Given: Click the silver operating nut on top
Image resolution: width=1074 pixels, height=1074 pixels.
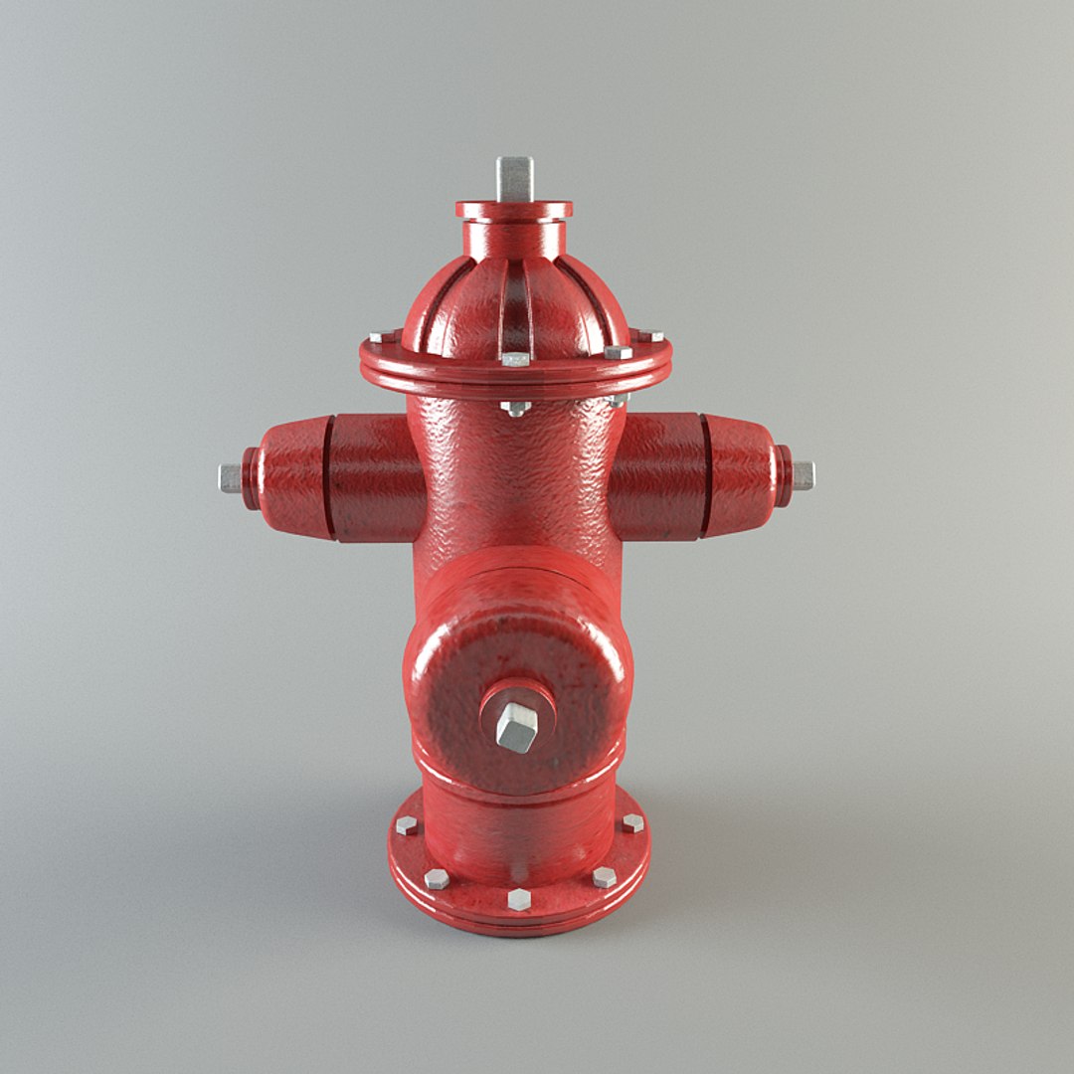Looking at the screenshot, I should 514,178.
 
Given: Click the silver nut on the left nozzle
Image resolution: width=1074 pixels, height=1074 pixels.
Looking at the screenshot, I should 230,478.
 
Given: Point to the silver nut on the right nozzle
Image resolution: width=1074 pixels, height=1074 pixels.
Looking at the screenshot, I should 802,475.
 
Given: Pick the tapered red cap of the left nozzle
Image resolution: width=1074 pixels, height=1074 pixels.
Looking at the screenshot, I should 290,477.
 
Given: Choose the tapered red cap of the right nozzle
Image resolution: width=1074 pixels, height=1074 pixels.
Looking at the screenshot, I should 741,475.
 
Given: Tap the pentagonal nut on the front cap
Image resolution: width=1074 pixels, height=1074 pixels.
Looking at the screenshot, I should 516,728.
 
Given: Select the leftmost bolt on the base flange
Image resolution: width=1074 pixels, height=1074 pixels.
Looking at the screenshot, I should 406,824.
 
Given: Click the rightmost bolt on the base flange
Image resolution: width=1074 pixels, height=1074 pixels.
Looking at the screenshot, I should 632,822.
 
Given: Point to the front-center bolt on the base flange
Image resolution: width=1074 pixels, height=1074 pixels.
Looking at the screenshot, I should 519,899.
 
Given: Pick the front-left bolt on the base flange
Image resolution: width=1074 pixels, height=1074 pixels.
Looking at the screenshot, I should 436,878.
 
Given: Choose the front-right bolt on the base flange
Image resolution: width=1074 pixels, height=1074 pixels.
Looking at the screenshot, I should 604,876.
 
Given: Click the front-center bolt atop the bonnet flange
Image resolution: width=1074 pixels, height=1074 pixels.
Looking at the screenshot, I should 515,358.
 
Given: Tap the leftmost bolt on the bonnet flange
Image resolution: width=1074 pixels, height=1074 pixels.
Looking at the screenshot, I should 379,337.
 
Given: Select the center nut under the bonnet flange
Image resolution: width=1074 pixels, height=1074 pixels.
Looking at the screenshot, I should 515,408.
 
